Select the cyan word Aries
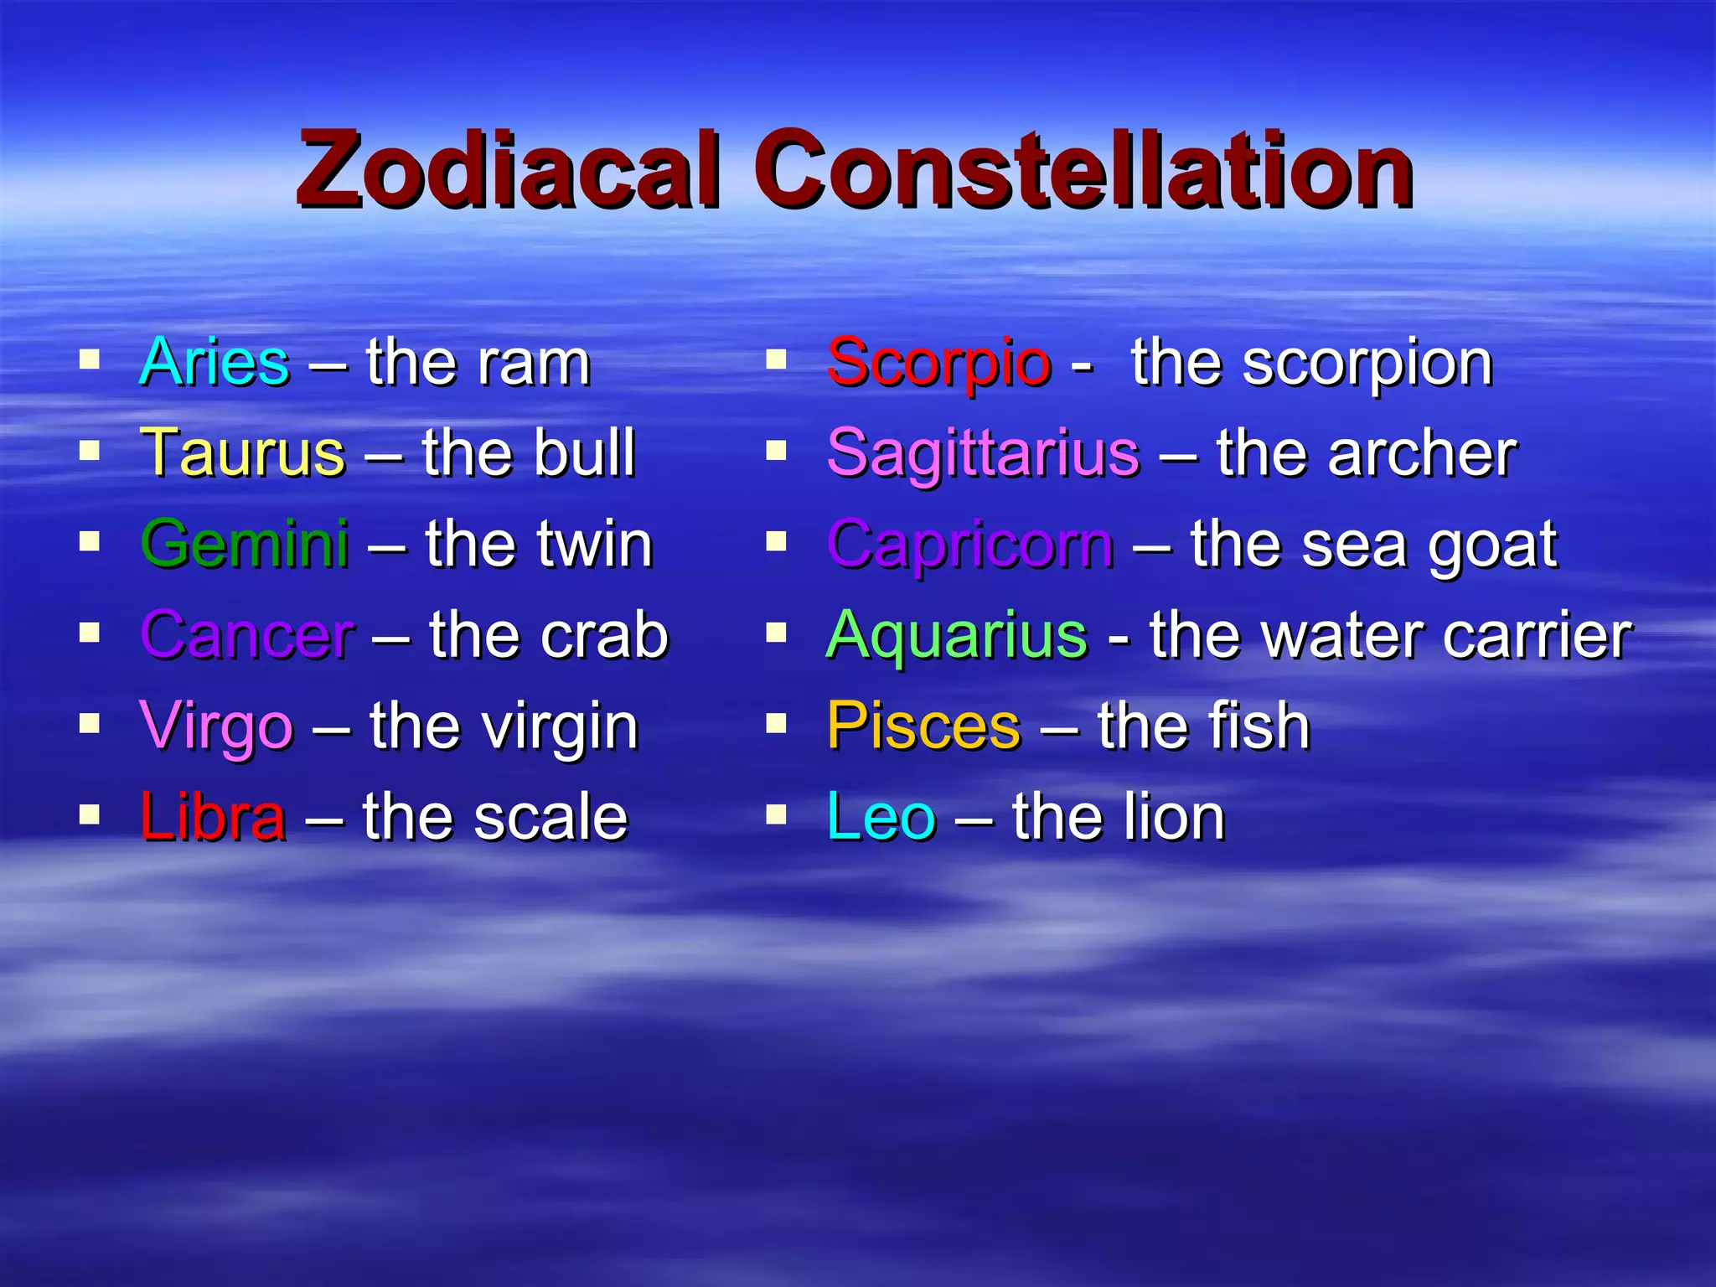(x=214, y=363)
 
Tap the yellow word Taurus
(x=243, y=453)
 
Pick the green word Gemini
(x=245, y=544)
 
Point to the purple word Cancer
(x=248, y=635)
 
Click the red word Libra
(x=213, y=817)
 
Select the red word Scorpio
(x=938, y=363)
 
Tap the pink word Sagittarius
(x=983, y=453)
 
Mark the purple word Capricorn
(x=970, y=545)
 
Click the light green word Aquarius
(x=957, y=635)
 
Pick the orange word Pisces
(x=923, y=726)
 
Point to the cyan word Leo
(x=881, y=817)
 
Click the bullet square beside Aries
(x=90, y=361)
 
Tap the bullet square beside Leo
(x=777, y=814)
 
